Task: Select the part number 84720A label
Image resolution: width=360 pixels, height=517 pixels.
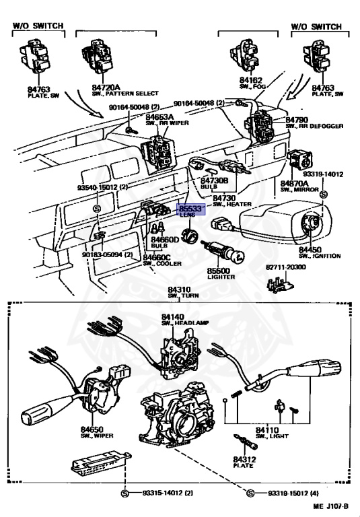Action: click(x=106, y=87)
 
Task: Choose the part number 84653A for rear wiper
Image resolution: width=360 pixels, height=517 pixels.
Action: click(x=160, y=116)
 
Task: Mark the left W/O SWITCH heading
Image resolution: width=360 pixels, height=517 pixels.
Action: click(x=38, y=26)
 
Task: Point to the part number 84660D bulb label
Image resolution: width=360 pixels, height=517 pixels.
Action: click(x=165, y=240)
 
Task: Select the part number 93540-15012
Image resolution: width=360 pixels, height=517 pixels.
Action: click(x=97, y=187)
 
